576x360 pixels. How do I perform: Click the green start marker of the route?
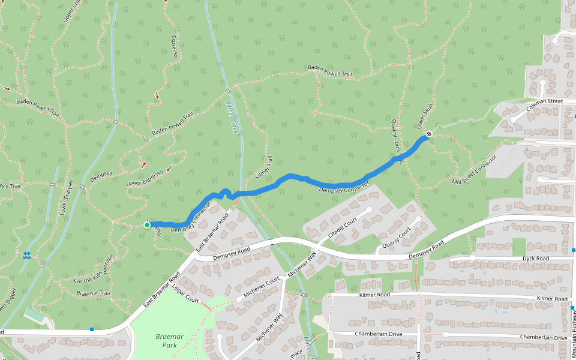tap(147, 225)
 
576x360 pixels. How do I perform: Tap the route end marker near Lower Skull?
tap(428, 133)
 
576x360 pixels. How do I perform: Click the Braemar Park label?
tap(169, 341)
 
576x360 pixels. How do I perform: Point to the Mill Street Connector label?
tap(475, 171)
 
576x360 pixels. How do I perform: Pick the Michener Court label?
tap(263, 285)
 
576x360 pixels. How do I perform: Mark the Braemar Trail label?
tap(93, 293)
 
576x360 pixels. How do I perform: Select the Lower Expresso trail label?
tap(145, 178)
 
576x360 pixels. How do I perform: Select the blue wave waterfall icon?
tap(26, 256)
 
